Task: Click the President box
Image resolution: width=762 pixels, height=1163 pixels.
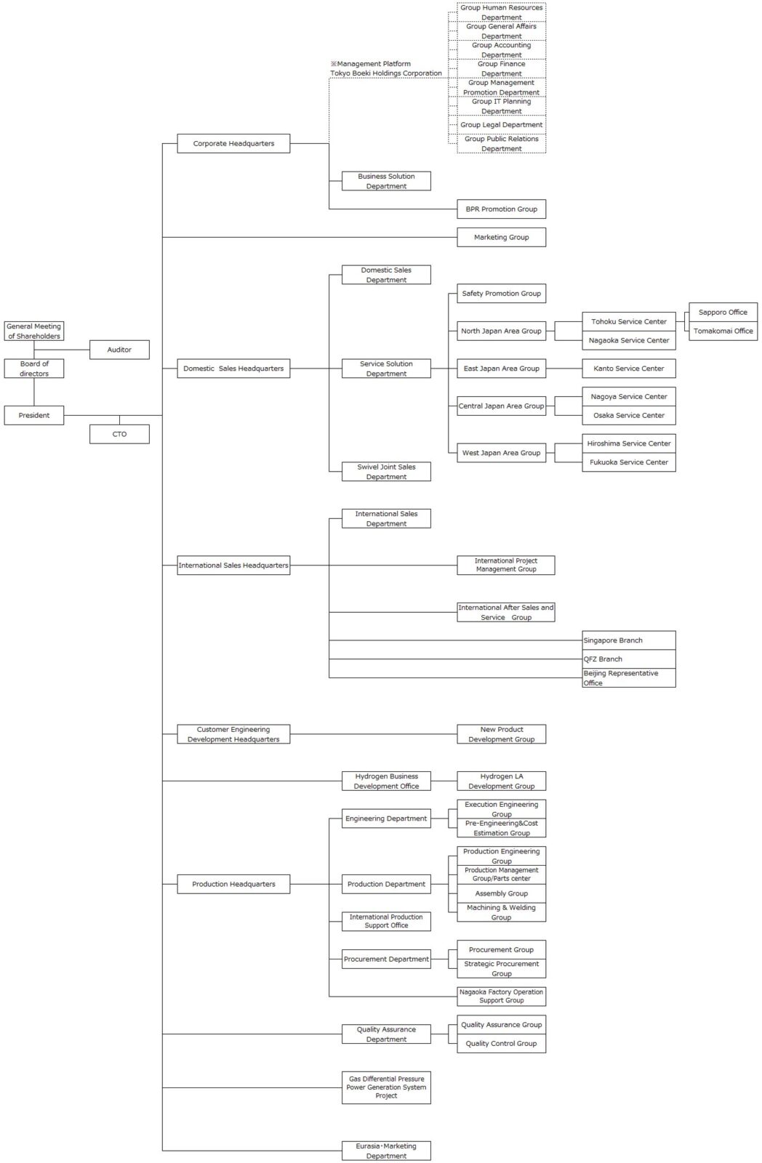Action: pyautogui.click(x=34, y=415)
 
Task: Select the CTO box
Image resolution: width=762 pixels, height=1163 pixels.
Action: pyautogui.click(x=119, y=434)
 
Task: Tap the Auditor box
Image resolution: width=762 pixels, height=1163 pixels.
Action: pyautogui.click(x=119, y=350)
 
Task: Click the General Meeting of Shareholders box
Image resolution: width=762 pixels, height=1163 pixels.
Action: pyautogui.click(x=34, y=331)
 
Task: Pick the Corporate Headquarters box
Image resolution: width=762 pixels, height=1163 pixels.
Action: pyautogui.click(x=233, y=143)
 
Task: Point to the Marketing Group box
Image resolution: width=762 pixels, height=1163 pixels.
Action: pyautogui.click(x=501, y=237)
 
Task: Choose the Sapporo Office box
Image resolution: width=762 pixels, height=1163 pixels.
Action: pyautogui.click(x=723, y=313)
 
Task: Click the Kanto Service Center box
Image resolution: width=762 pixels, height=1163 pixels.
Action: pyautogui.click(x=628, y=369)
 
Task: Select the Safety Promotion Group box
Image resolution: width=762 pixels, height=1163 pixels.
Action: pyautogui.click(x=501, y=294)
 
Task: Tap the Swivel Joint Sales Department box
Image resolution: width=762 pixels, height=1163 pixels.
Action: pyautogui.click(x=386, y=472)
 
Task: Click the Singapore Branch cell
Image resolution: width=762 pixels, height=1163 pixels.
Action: pyautogui.click(x=628, y=640)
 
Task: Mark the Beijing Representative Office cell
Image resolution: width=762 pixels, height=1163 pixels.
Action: pyautogui.click(x=628, y=678)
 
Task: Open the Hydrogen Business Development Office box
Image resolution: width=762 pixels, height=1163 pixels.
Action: pyautogui.click(x=386, y=781)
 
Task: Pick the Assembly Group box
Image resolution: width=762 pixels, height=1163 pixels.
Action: pyautogui.click(x=501, y=893)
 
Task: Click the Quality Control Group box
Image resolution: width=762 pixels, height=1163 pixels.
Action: pyautogui.click(x=501, y=1043)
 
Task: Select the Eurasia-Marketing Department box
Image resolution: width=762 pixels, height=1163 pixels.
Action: pyautogui.click(x=386, y=1151)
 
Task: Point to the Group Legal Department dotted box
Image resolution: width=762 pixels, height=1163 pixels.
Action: pyautogui.click(x=501, y=125)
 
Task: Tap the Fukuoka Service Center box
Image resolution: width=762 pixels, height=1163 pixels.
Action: pyautogui.click(x=628, y=462)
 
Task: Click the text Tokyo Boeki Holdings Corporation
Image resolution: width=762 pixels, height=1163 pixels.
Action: pyautogui.click(x=386, y=73)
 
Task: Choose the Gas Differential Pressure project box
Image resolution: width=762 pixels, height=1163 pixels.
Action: pyautogui.click(x=386, y=1087)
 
